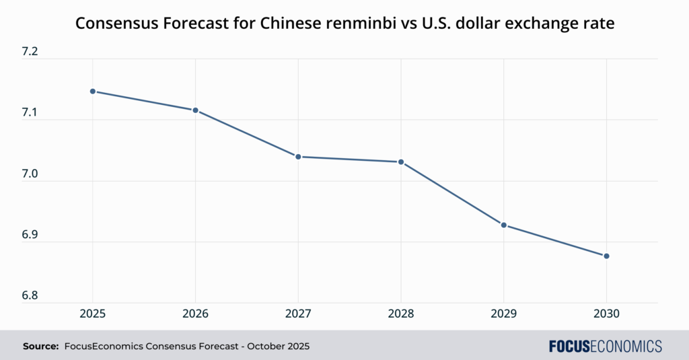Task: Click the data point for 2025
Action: (92, 91)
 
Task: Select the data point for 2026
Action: (195, 110)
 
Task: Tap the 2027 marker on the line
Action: (298, 157)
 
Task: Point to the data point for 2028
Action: (401, 162)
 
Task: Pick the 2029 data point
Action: (504, 225)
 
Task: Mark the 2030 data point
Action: (607, 256)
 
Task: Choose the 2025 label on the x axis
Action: (92, 314)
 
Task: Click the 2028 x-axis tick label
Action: (401, 314)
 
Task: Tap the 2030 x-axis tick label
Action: (607, 314)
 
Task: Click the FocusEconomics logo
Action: (605, 347)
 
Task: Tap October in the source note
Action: (261, 347)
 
